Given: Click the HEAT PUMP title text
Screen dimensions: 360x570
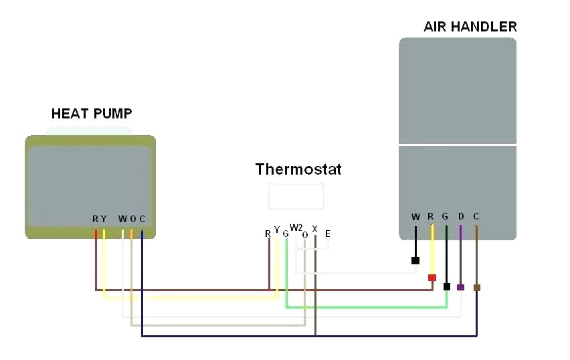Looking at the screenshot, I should coord(92,114).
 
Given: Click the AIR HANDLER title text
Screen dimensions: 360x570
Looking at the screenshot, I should coord(470,27).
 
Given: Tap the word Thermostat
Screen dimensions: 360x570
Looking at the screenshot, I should coord(298,169).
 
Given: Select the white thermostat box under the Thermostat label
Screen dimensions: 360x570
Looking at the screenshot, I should coord(296,197).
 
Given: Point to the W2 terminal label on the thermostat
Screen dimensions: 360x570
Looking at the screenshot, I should coord(296,228).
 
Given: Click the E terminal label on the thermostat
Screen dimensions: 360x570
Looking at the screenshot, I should coord(327,234).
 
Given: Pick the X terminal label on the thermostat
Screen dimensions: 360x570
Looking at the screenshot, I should coord(314,229).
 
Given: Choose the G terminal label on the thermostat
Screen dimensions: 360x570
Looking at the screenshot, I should coord(286,234).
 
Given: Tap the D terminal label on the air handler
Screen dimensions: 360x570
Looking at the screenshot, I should coord(460,217).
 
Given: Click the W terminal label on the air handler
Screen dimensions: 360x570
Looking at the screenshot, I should coord(415,217).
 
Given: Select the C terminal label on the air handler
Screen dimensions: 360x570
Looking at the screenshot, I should coord(476,217).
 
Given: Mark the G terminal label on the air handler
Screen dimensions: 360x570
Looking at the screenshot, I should coord(445,217).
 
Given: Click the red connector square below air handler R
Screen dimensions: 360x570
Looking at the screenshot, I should coord(432,277).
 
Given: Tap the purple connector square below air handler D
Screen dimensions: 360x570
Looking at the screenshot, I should coord(460,287).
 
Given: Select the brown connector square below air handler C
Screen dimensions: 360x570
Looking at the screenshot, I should coord(476,288).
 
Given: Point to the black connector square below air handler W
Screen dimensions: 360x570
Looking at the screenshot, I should coord(415,261).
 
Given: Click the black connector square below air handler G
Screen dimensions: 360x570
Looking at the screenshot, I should coord(446,286).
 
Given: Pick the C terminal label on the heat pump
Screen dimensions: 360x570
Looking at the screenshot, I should coord(142,219).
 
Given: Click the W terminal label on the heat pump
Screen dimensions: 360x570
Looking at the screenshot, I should coord(122,219).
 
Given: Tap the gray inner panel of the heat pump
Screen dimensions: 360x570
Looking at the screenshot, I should coord(90,177).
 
